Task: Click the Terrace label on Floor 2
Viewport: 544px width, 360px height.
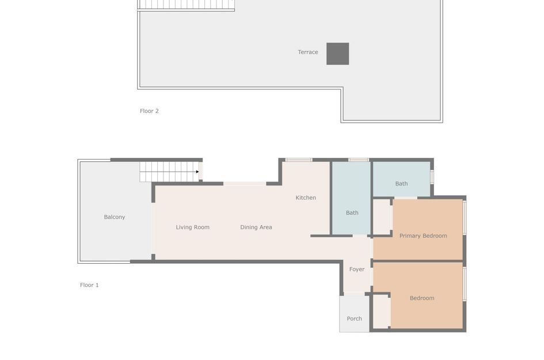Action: click(x=308, y=52)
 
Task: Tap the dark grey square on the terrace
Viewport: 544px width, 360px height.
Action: click(x=337, y=54)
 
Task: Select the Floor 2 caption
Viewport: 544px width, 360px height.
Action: click(x=149, y=111)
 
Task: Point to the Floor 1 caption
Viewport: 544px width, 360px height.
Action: click(x=89, y=285)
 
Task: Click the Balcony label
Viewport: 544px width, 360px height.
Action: click(x=115, y=217)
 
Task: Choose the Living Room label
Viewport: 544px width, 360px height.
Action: click(x=193, y=228)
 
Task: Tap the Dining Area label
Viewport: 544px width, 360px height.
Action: click(x=256, y=228)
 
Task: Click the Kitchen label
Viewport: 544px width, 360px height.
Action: click(x=306, y=198)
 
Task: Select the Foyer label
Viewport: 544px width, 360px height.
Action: click(x=357, y=270)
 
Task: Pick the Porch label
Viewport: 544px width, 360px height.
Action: click(x=355, y=319)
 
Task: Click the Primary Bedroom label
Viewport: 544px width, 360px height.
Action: click(x=423, y=236)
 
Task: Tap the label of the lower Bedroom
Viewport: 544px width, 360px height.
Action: click(x=422, y=298)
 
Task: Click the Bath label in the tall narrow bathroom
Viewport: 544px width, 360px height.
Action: click(x=352, y=213)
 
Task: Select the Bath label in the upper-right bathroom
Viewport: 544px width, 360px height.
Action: click(x=401, y=184)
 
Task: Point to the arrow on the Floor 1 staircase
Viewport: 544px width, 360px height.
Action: click(x=197, y=172)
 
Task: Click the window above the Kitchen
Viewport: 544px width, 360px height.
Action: click(x=299, y=160)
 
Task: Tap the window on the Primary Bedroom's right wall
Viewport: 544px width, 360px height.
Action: click(x=465, y=217)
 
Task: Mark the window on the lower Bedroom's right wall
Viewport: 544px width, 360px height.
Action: click(x=465, y=283)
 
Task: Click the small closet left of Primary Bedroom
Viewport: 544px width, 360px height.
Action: click(x=382, y=217)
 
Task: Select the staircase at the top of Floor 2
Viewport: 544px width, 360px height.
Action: click(x=186, y=5)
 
